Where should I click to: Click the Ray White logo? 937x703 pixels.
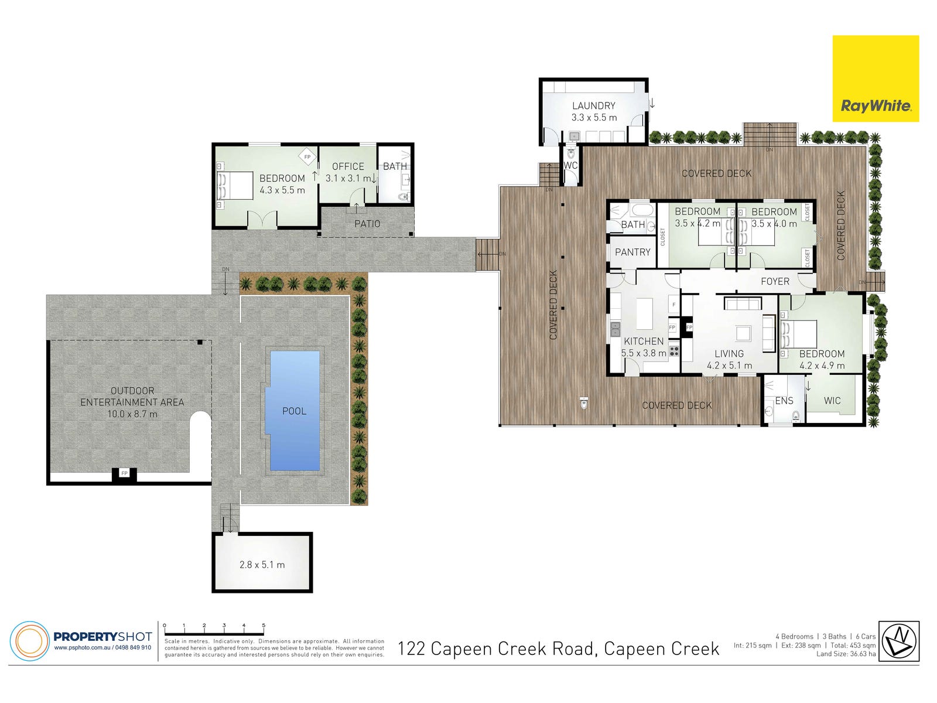click(875, 79)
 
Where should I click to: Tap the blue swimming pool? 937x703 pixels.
click(294, 411)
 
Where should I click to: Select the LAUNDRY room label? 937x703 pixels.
click(593, 105)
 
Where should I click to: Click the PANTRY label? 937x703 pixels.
click(632, 252)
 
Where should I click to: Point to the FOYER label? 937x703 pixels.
click(775, 281)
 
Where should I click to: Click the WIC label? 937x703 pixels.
click(832, 400)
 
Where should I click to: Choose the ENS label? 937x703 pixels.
click(784, 400)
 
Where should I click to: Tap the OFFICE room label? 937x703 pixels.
click(348, 166)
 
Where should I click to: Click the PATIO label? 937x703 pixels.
click(367, 224)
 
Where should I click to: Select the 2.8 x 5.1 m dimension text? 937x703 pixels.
click(262, 565)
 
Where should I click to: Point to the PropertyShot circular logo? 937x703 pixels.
click(30, 641)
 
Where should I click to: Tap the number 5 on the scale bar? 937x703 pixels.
click(264, 625)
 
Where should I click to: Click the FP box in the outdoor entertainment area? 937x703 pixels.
click(124, 473)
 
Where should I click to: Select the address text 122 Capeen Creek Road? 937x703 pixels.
click(495, 649)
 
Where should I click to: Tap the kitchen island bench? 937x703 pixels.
click(645, 314)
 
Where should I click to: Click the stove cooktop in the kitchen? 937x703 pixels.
click(674, 351)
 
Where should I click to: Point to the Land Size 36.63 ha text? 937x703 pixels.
click(846, 654)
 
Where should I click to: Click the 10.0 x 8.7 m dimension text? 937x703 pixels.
click(132, 414)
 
